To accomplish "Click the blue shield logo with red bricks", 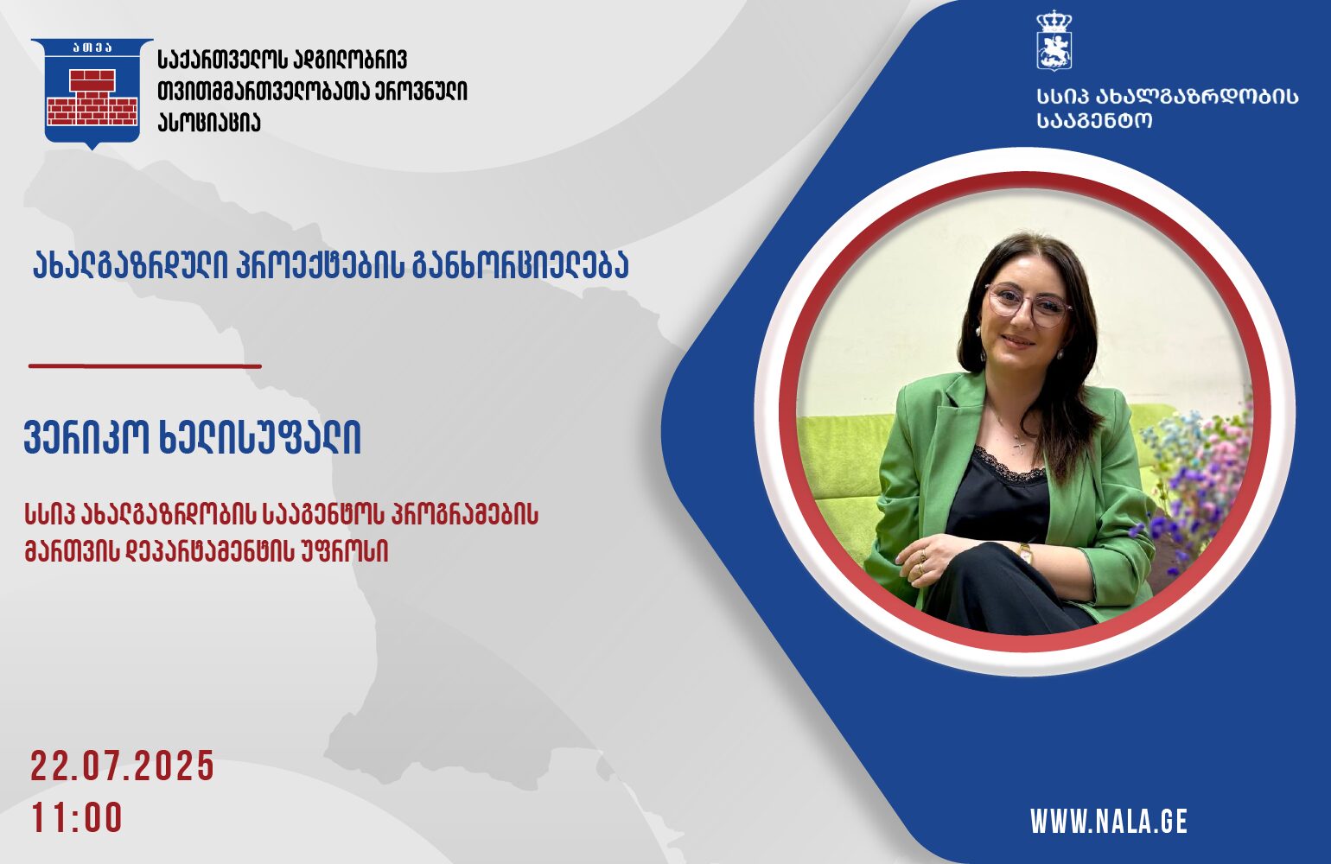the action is click(92, 93).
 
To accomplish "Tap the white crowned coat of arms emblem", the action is click(1054, 41).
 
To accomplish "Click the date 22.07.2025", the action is click(122, 766).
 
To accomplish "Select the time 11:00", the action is click(77, 817).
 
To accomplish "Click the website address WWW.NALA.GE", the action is click(1109, 822).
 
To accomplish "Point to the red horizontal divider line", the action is click(145, 366).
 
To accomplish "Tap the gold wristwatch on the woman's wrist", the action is click(1024, 554).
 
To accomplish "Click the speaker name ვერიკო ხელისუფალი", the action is click(193, 439).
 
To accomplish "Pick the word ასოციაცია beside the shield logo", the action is click(209, 123).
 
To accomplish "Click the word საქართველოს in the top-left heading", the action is click(222, 60).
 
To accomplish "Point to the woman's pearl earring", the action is click(1059, 355).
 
